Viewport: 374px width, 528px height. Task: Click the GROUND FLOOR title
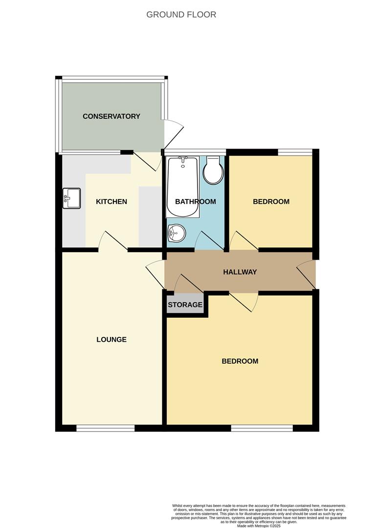[181, 15]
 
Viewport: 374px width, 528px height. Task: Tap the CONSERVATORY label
[111, 116]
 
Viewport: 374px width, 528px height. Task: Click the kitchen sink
[70, 198]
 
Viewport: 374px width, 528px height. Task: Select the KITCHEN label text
[111, 201]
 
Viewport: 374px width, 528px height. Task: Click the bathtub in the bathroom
[182, 187]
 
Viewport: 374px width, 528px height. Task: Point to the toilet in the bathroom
[214, 170]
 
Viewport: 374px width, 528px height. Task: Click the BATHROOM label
[196, 201]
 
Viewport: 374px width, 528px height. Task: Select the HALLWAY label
[240, 272]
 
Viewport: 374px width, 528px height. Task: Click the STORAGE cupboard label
[185, 305]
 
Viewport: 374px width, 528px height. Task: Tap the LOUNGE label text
[111, 339]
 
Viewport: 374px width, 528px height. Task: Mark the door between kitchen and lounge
[113, 242]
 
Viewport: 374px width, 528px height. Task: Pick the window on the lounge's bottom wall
[105, 428]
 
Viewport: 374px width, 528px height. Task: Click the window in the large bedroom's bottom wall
[262, 428]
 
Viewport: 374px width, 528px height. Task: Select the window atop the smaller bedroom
[295, 152]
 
